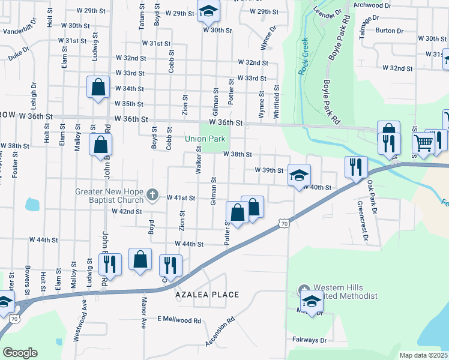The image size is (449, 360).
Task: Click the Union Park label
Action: pos(205,139)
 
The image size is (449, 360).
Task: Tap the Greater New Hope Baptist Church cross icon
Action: pos(153,194)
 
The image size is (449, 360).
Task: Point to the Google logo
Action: pos(19,353)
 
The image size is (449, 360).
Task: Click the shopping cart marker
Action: pos(424,144)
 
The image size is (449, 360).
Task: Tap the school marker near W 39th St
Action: pos(299,175)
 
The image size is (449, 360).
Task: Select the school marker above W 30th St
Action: pos(208,11)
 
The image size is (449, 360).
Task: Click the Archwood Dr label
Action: pos(373,5)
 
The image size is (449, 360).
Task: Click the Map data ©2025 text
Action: pos(423,355)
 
